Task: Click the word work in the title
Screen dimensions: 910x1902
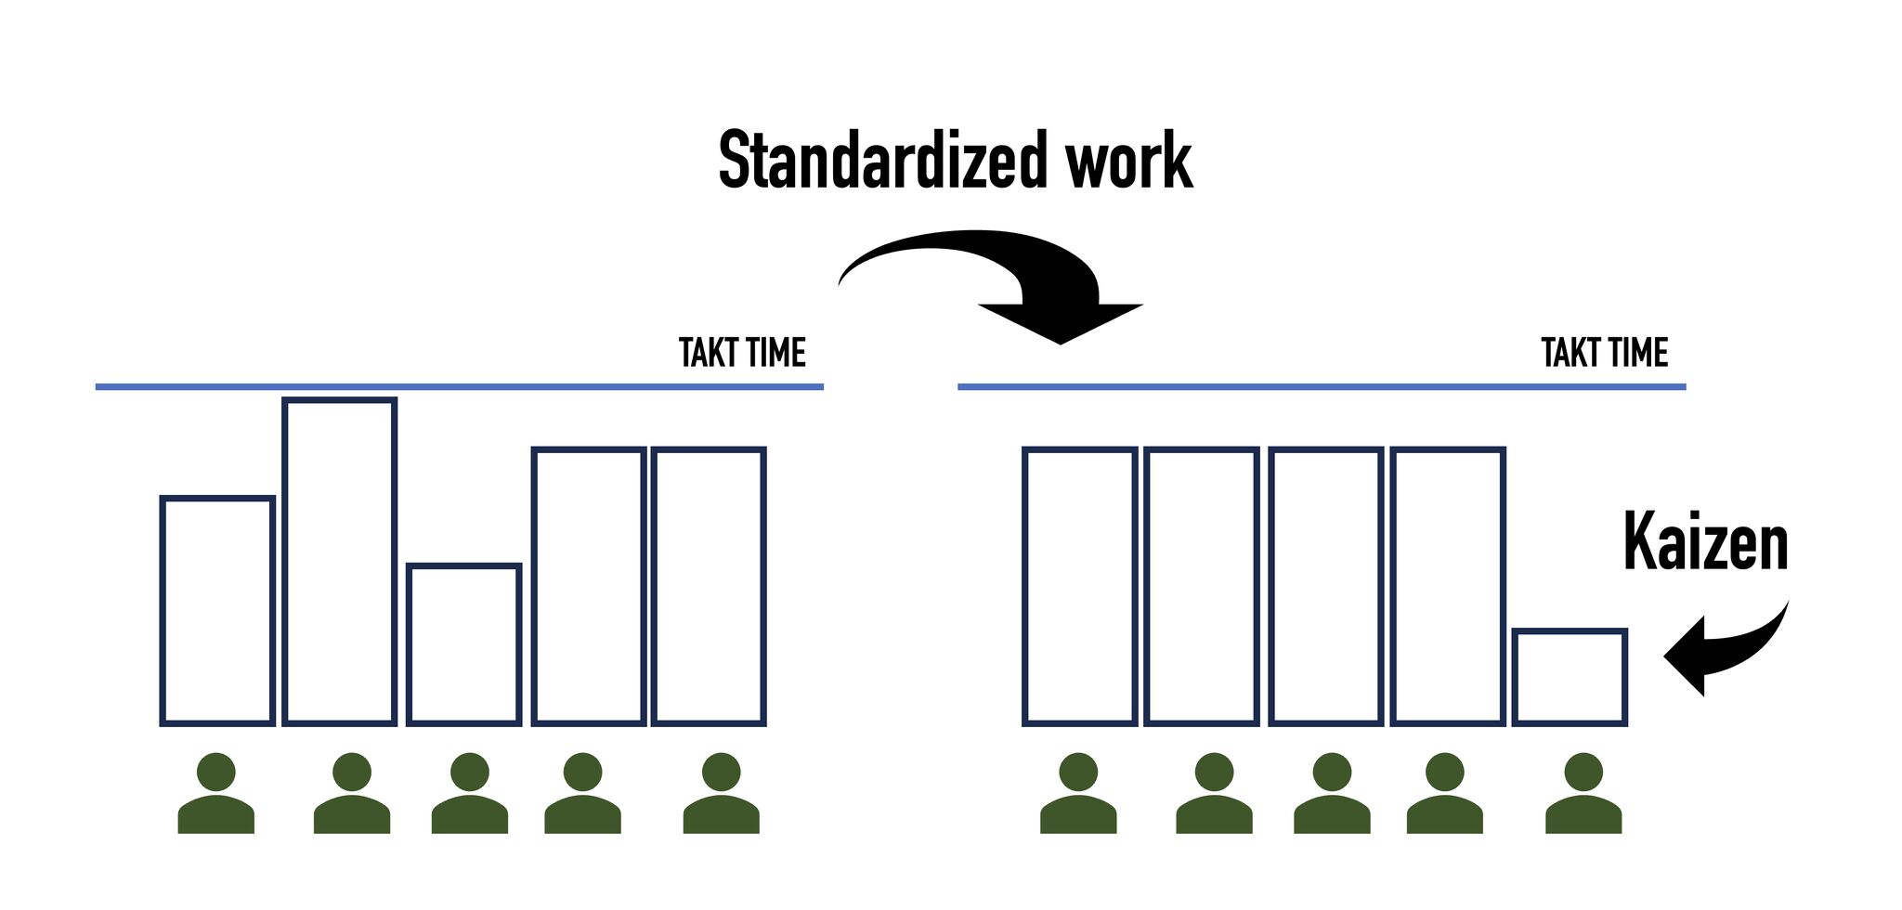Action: coord(1128,160)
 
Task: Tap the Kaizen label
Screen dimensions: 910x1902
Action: coord(1705,542)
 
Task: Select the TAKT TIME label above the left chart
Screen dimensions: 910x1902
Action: coord(742,353)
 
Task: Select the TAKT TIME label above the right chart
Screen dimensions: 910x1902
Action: coord(1604,353)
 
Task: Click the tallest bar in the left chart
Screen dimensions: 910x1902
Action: coord(340,561)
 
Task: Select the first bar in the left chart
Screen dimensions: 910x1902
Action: coord(217,610)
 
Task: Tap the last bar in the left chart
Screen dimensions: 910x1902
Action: coord(709,586)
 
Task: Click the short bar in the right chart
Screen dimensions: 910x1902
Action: coord(1570,677)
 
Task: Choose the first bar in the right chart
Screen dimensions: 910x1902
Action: coord(1079,586)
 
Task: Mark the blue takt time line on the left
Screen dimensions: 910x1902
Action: coord(459,386)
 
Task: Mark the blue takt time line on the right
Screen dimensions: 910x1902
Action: coord(1321,386)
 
